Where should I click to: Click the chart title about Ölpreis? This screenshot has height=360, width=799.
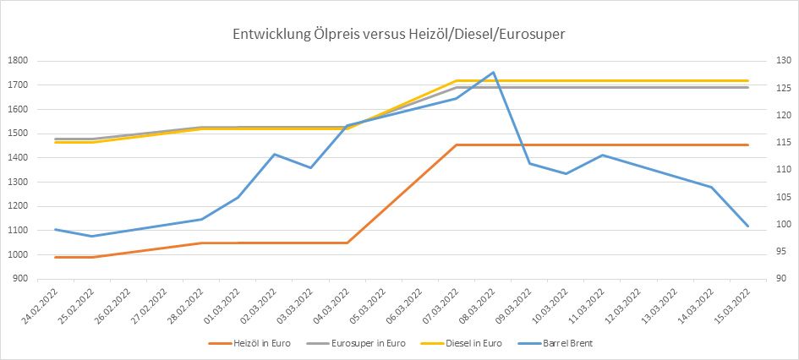click(x=399, y=35)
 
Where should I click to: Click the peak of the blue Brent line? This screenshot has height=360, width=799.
click(x=493, y=72)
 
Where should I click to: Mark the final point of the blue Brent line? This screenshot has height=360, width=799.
click(x=747, y=226)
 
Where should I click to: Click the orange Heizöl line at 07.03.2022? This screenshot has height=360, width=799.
click(x=457, y=145)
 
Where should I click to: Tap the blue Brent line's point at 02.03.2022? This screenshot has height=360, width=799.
click(x=274, y=154)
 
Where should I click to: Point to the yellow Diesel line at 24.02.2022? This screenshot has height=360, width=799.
click(x=56, y=142)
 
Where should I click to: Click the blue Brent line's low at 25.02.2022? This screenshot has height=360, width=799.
click(x=92, y=236)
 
